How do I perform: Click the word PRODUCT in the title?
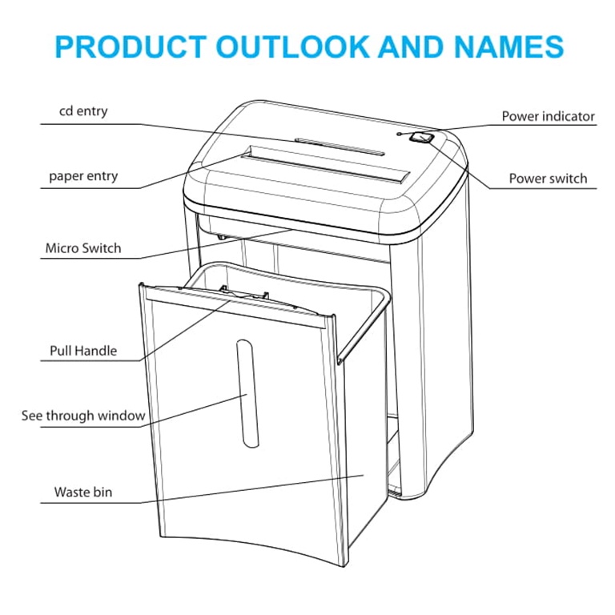point(131,46)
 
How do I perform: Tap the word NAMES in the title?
point(508,46)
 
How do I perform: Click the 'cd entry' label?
point(83,111)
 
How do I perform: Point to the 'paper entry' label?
point(83,176)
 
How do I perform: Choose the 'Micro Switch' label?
point(83,248)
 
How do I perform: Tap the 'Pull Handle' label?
point(83,350)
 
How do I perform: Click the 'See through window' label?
point(83,416)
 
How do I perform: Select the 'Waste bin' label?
point(83,492)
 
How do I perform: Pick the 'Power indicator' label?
point(548,116)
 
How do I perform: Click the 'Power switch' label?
point(548,179)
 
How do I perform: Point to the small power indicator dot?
point(400,135)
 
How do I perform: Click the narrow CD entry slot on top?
point(340,147)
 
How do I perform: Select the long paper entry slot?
point(326,164)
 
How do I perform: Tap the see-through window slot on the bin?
point(247,393)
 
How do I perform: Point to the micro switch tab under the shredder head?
point(222,236)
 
